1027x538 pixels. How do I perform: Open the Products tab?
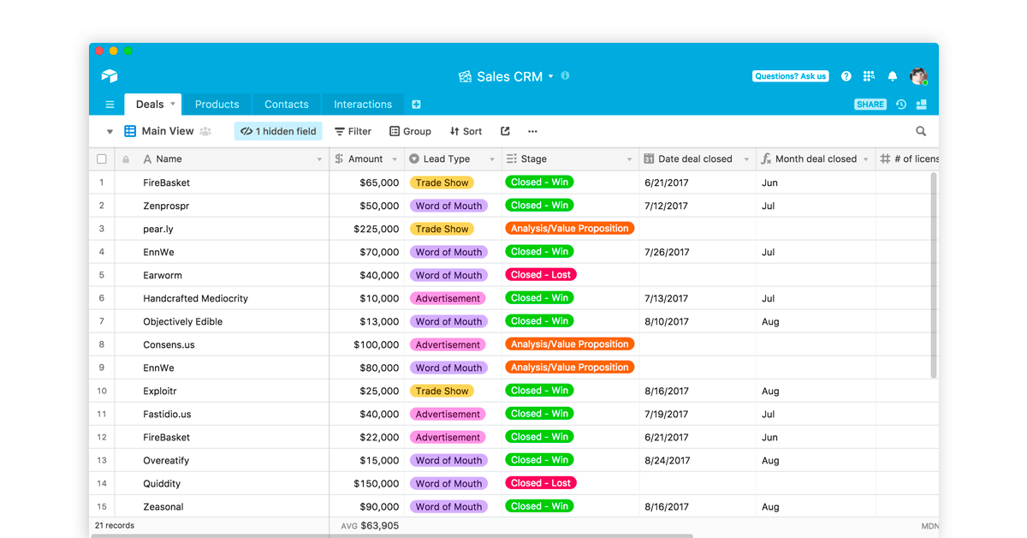coord(217,105)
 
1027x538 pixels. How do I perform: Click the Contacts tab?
coord(286,105)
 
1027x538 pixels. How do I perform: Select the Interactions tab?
coord(363,105)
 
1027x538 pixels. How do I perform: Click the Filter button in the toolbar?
coord(353,131)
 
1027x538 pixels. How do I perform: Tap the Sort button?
coord(466,131)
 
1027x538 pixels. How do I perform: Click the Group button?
coord(410,131)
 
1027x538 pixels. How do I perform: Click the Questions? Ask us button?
coord(790,76)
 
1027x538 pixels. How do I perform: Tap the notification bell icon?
coord(893,76)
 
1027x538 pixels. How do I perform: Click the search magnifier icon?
coord(921,131)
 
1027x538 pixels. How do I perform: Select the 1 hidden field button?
coord(278,131)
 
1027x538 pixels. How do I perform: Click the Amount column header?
coord(365,158)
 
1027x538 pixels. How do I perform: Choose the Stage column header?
coord(534,158)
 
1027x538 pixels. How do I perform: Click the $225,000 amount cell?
coord(376,229)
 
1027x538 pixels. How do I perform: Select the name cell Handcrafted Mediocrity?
coord(195,298)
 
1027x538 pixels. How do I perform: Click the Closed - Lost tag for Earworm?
coord(540,275)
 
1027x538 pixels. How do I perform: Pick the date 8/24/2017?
coord(667,460)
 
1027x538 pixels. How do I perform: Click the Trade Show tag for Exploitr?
coord(442,391)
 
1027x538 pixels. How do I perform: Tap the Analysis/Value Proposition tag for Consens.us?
coord(569,344)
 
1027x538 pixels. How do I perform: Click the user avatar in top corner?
coord(918,76)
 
